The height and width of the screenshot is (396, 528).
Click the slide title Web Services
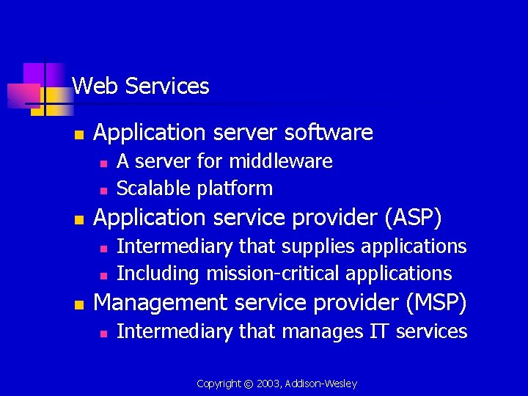click(x=141, y=87)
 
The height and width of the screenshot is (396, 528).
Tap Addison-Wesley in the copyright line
click(x=323, y=384)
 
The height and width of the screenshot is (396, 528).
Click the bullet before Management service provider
click(x=79, y=304)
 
